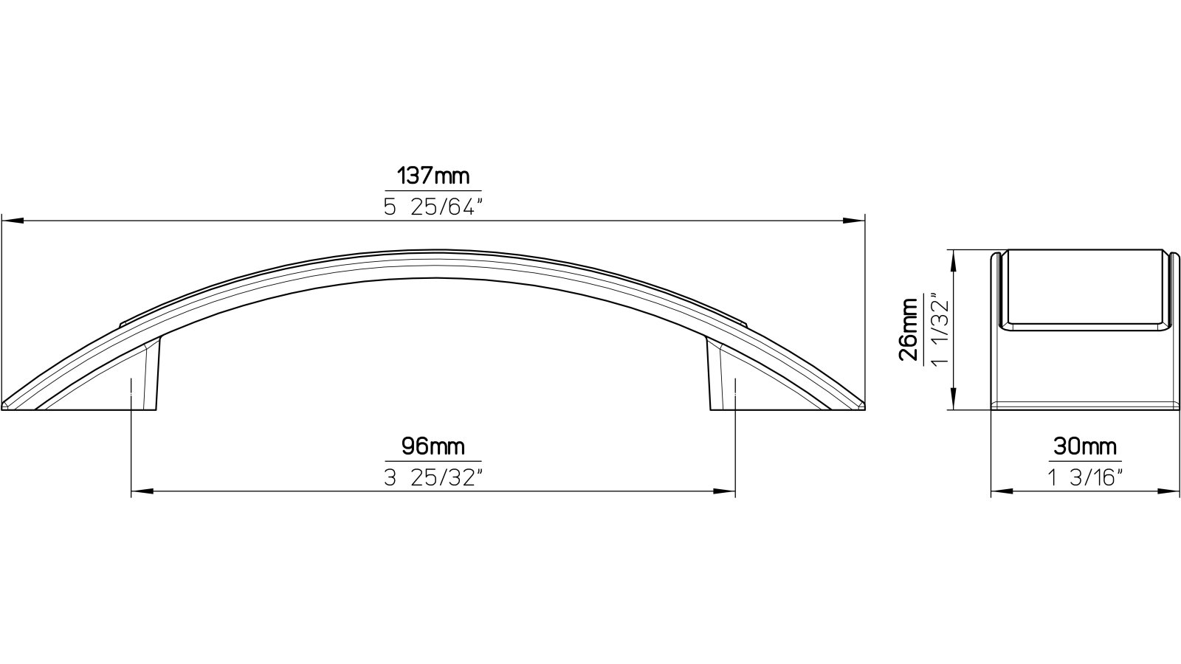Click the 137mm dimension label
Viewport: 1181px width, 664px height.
[x=433, y=177]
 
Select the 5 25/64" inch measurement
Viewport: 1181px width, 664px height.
[x=433, y=207]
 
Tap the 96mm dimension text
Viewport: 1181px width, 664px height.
[x=433, y=446]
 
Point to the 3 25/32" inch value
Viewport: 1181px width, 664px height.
[x=433, y=477]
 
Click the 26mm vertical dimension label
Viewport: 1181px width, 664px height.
[x=909, y=328]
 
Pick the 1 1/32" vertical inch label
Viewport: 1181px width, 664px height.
[x=938, y=328]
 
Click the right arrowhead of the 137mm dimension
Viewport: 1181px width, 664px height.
[x=855, y=220]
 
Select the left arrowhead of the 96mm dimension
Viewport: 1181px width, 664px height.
[x=141, y=491]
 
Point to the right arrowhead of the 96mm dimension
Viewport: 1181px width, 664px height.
[x=725, y=491]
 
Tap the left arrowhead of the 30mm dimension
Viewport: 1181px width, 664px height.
[x=999, y=491]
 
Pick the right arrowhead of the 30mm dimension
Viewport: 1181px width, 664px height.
[x=1169, y=491]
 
